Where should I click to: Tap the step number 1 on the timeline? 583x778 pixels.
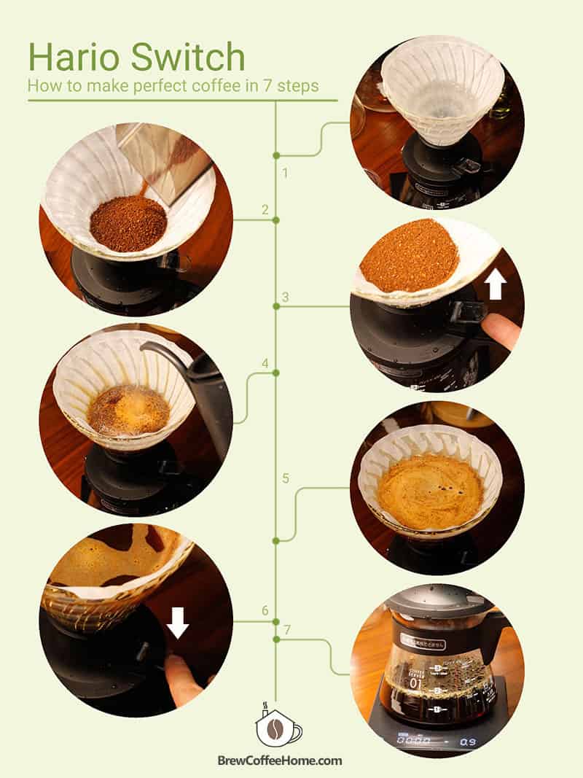pos(286,174)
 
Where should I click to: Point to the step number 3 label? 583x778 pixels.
pos(286,297)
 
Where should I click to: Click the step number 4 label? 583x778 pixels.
pos(265,363)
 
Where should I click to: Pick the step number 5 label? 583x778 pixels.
pos(286,478)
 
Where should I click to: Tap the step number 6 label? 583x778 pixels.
pos(265,610)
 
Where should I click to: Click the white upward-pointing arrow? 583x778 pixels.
pos(496,285)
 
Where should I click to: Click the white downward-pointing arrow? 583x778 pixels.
pos(178,622)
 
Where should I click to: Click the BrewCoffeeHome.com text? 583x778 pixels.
pos(280,761)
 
